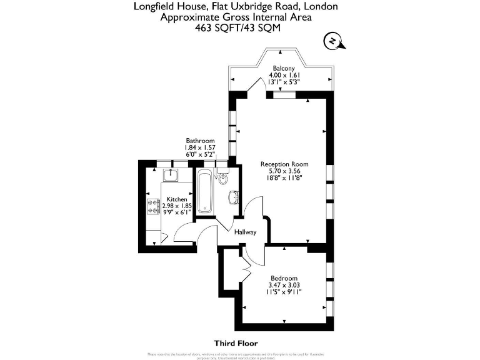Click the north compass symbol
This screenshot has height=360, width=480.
[334, 42]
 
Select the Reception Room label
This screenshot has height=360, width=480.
[284, 164]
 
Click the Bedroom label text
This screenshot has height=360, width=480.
[284, 277]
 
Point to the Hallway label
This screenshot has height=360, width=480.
[246, 232]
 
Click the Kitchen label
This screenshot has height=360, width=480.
[176, 199]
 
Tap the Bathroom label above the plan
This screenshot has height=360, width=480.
[200, 141]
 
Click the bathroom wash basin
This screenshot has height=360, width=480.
[232, 197]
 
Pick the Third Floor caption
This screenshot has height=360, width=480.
[236, 343]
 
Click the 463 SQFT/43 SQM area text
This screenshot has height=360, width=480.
[236, 27]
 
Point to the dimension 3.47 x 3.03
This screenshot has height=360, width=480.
[284, 284]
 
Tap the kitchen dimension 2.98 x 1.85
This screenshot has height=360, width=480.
[176, 206]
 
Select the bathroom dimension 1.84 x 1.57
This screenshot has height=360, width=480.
[200, 147]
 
